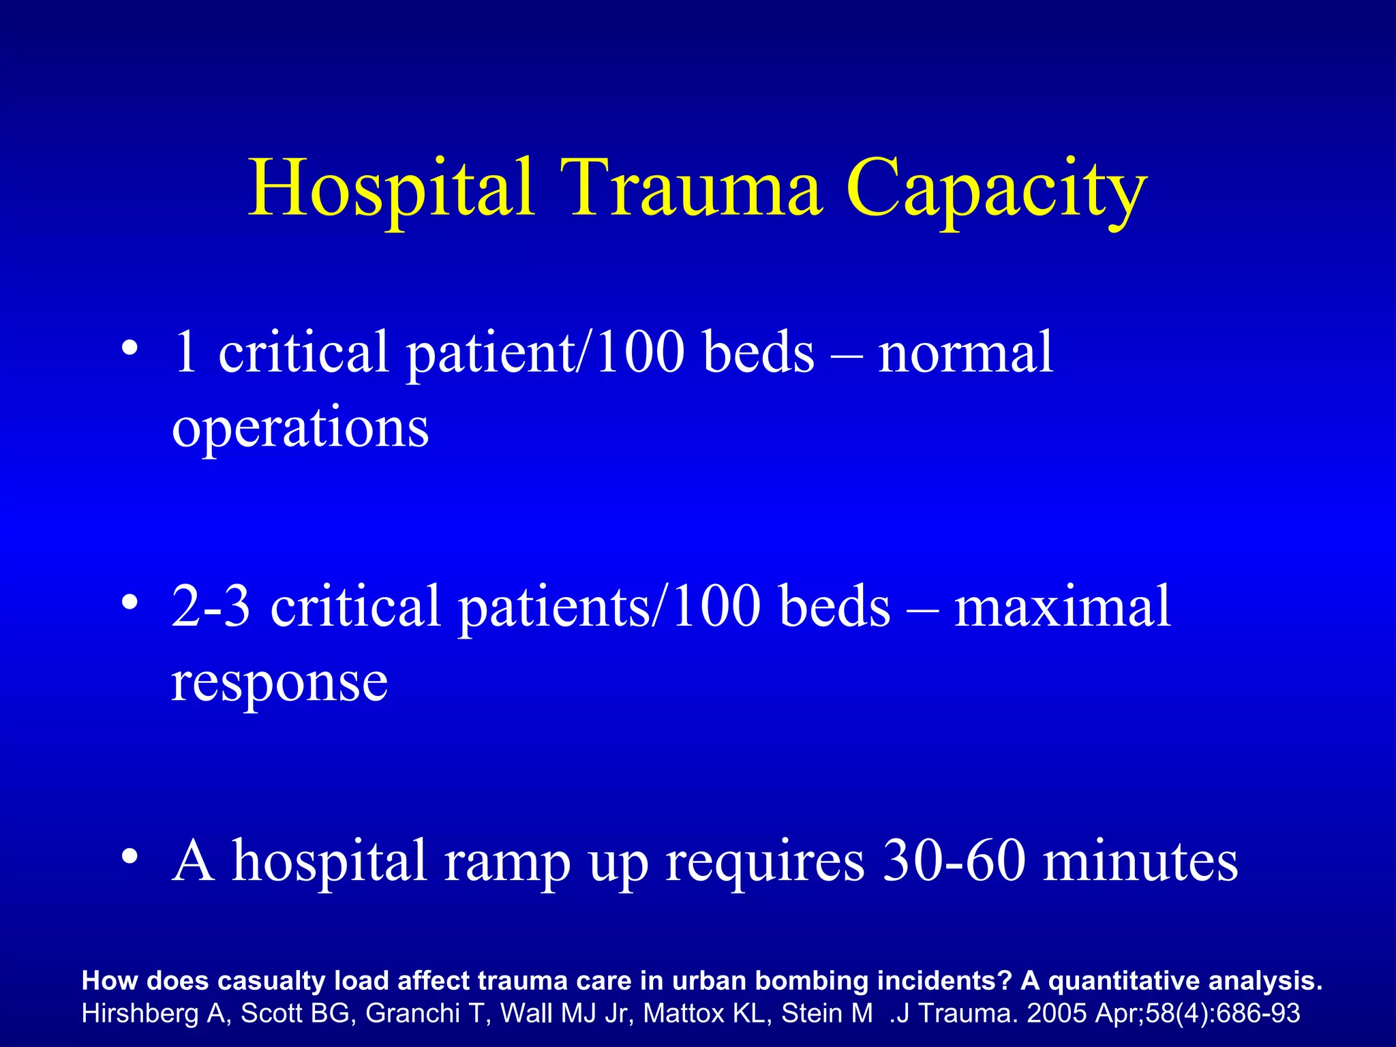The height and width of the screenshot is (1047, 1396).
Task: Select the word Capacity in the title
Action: click(x=997, y=189)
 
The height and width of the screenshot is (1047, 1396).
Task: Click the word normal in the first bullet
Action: click(x=965, y=352)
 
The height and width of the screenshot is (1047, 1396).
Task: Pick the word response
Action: click(x=279, y=684)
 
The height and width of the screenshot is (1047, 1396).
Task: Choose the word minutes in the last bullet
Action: click(x=1140, y=860)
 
